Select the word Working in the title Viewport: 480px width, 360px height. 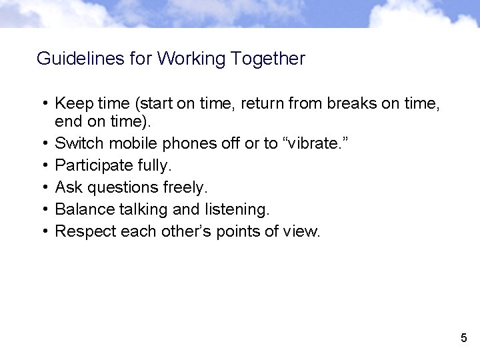coord(191,59)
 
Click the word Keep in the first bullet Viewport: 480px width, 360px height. coord(71,104)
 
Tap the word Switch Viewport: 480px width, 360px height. coord(79,143)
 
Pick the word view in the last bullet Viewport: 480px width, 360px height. coord(305,231)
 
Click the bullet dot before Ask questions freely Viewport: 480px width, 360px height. coord(43,187)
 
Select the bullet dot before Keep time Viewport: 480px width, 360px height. coord(43,104)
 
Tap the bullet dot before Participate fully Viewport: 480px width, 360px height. coord(43,165)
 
